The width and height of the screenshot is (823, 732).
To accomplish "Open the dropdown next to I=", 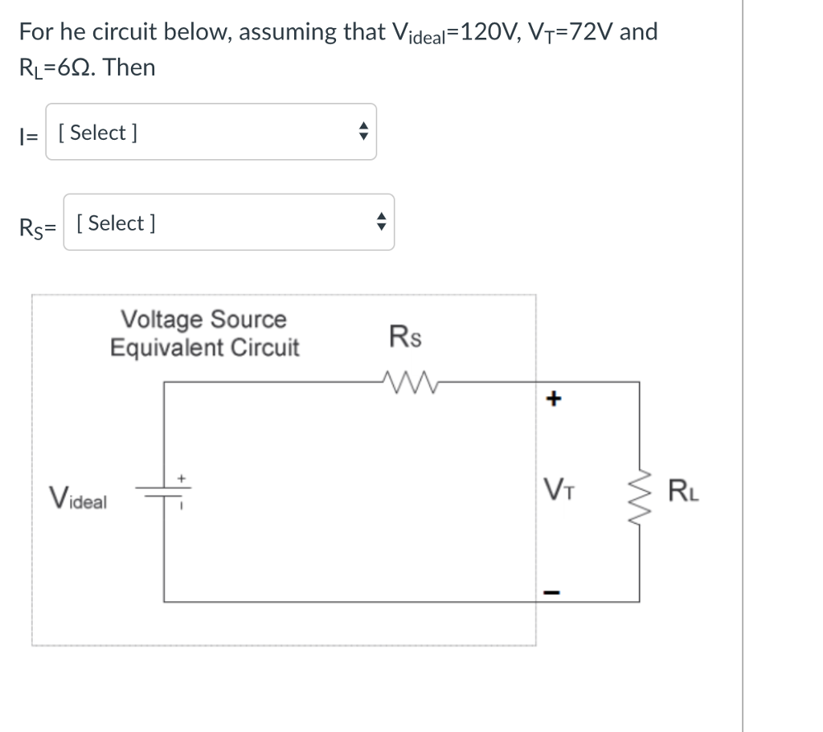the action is (211, 132).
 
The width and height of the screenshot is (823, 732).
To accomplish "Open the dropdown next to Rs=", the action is (229, 222).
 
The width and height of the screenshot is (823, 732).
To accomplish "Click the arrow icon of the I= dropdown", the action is (363, 131).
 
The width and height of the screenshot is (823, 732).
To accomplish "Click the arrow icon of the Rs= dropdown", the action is (382, 222).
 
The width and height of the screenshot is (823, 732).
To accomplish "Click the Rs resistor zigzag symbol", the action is (410, 382).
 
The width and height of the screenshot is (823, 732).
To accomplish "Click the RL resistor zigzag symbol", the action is (639, 496).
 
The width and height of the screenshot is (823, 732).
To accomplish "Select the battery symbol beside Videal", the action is (163, 492).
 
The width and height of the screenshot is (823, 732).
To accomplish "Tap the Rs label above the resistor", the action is (405, 337).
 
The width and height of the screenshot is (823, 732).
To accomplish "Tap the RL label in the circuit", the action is (683, 491).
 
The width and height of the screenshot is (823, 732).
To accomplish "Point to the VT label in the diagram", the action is (559, 489).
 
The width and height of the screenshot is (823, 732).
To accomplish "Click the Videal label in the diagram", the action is (78, 498).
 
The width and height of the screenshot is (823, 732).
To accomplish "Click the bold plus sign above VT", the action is (554, 399).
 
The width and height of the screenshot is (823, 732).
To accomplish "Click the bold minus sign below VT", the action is (551, 592).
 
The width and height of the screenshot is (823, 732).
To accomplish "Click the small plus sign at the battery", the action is (181, 479).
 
